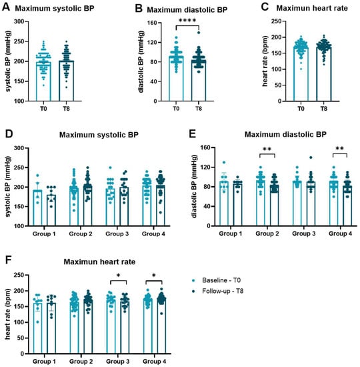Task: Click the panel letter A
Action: [x=5, y=8]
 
